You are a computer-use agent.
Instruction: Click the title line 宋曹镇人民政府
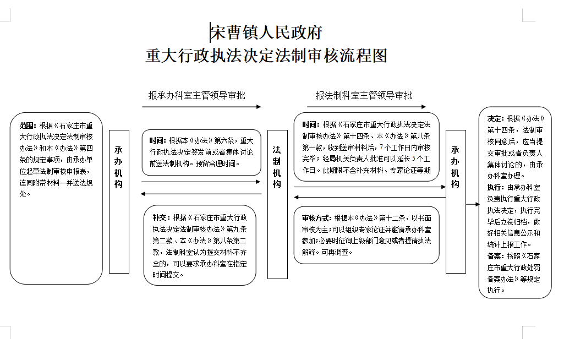click(266, 32)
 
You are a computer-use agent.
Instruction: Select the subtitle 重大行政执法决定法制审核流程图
click(266, 56)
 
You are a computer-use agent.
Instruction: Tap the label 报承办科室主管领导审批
click(197, 95)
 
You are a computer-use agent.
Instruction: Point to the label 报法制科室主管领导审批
click(364, 95)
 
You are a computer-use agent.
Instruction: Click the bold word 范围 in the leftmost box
click(26, 126)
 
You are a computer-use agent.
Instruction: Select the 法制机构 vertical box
click(277, 204)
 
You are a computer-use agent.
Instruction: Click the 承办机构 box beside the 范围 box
click(119, 201)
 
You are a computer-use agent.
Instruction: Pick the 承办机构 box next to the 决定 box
click(456, 201)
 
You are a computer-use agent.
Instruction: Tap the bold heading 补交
click(160, 218)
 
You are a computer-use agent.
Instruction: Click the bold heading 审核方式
click(316, 218)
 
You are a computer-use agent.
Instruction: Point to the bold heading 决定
click(495, 118)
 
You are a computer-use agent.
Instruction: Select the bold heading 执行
click(495, 188)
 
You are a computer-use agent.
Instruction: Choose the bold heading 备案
click(495, 257)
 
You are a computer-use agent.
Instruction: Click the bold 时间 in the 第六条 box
click(157, 141)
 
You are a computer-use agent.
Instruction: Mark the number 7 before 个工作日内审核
click(381, 147)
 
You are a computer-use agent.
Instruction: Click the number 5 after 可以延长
click(414, 159)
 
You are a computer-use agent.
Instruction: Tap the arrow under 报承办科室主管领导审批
click(201, 107)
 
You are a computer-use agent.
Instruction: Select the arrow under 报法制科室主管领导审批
click(366, 107)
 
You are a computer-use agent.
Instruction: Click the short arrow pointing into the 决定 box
click(473, 204)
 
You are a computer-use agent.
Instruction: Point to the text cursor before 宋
click(210, 32)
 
